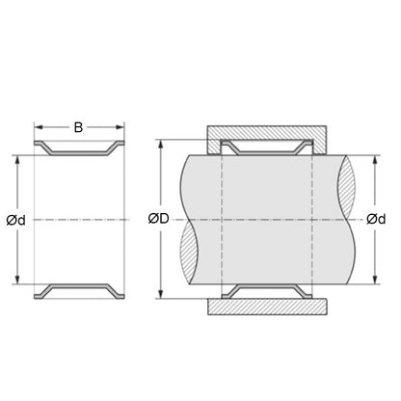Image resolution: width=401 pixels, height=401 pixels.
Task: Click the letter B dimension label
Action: point(80,125)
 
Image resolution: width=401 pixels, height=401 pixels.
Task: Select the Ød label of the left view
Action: point(16,220)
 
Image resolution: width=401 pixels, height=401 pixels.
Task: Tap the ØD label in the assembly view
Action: point(159,219)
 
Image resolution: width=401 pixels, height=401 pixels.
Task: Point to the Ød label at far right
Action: point(377,219)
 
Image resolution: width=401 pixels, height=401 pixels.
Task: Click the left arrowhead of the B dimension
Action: point(39,126)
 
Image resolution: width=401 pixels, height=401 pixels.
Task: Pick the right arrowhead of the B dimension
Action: point(121,126)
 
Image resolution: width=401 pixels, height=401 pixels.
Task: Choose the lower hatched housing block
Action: point(267,307)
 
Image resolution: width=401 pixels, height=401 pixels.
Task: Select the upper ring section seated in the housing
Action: point(267,147)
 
